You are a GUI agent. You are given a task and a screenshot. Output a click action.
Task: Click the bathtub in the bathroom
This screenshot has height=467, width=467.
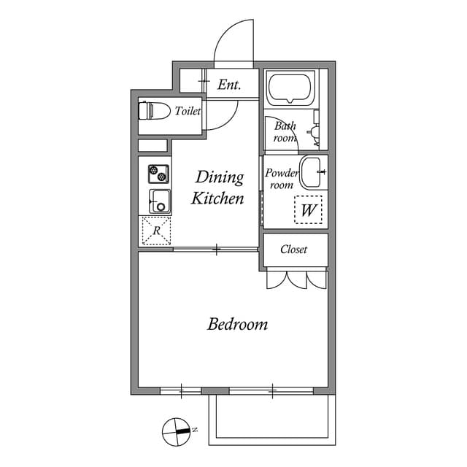[x=290, y=88]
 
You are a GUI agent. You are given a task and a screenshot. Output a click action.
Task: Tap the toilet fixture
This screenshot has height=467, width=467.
[x=154, y=110]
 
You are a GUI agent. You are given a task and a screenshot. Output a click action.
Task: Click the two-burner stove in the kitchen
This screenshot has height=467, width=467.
[x=158, y=174]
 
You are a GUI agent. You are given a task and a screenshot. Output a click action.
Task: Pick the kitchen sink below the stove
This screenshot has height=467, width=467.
[x=160, y=201]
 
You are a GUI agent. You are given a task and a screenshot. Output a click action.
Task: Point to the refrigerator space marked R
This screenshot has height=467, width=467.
[x=156, y=231]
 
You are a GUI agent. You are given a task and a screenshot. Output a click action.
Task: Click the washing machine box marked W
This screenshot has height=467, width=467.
[x=308, y=209]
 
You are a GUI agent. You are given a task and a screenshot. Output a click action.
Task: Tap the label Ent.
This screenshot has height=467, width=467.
[x=229, y=85]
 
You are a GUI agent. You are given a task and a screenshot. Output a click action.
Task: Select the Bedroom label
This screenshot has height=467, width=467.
[x=237, y=324]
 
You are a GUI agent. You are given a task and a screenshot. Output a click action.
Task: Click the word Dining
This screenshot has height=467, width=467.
[x=220, y=177]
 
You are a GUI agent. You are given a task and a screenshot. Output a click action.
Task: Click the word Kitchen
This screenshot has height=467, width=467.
[x=217, y=198]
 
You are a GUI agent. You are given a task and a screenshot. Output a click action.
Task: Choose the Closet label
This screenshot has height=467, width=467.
[x=293, y=249]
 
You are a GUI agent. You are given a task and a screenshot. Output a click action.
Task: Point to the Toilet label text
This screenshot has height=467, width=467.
[x=188, y=111]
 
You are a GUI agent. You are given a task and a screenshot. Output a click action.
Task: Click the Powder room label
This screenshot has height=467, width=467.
[x=282, y=179]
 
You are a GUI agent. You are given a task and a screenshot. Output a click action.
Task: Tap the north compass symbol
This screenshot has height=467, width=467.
[x=177, y=431]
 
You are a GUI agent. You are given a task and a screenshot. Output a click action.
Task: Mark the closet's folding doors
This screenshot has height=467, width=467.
[x=297, y=279]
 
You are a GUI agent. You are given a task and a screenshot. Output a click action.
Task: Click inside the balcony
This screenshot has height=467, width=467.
[x=272, y=420]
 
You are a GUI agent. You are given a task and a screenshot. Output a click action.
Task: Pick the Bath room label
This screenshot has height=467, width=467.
[x=285, y=131]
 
